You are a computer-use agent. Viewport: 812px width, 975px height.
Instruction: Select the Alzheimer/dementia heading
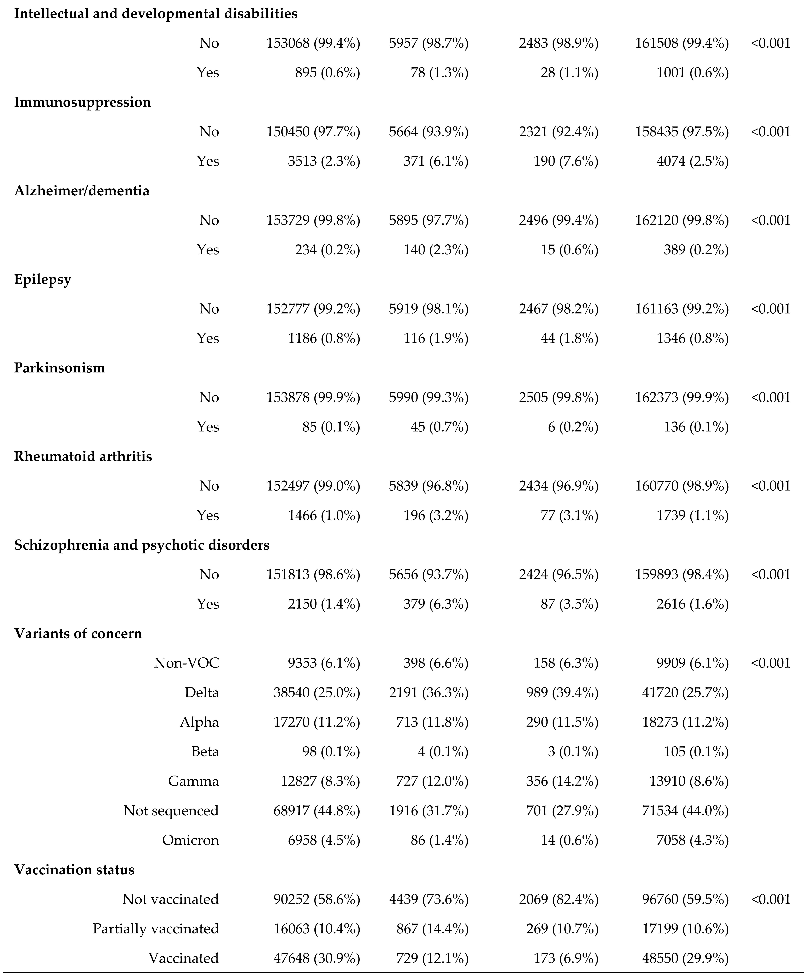click(x=82, y=191)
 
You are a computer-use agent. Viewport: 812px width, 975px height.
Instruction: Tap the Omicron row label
click(x=190, y=840)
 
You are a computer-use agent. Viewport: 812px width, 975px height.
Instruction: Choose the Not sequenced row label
click(x=171, y=811)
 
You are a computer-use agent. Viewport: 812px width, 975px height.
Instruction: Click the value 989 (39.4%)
click(x=566, y=693)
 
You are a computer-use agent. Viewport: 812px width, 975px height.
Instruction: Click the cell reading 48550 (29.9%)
click(x=682, y=958)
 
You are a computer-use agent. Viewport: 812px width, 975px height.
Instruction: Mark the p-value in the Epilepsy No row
click(x=770, y=309)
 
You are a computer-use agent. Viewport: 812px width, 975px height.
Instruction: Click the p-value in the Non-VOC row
click(x=770, y=663)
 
